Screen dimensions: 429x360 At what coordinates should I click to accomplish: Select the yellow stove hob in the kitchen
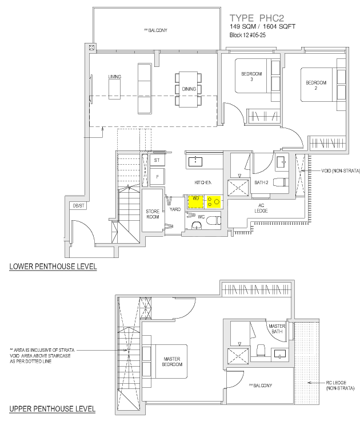click(214, 201)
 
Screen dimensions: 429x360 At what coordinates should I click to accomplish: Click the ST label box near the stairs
click(157, 161)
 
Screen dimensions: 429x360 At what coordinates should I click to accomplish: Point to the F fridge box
click(157, 176)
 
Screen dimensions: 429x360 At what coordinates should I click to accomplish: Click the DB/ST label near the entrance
click(75, 206)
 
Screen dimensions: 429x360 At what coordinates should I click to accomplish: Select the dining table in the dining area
click(189, 89)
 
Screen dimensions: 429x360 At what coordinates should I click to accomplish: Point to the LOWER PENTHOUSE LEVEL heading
click(53, 267)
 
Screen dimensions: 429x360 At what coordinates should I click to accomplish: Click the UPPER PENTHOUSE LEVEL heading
click(53, 410)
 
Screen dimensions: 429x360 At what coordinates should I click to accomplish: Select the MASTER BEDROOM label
click(171, 362)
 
